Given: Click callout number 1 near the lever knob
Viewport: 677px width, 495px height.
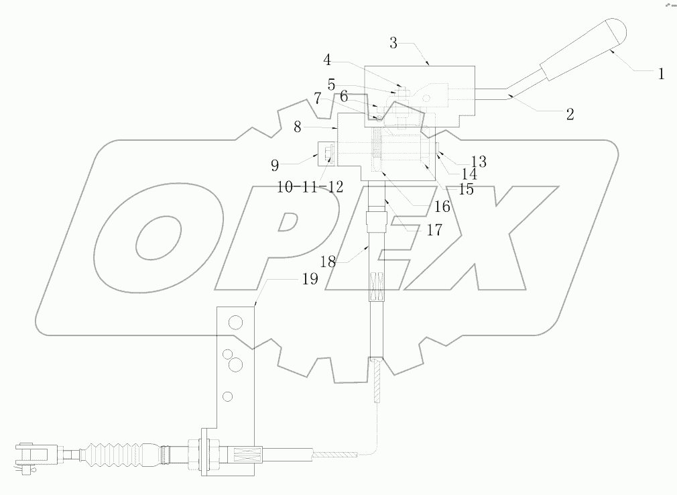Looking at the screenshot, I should (660, 74).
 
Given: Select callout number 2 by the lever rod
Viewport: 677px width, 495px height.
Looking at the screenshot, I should (570, 114).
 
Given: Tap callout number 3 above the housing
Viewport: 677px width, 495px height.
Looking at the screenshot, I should (393, 44).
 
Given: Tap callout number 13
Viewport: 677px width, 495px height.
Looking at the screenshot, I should (478, 162).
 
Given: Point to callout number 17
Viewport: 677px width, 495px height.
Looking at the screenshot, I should (434, 229).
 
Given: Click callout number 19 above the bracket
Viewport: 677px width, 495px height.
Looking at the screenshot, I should (309, 280).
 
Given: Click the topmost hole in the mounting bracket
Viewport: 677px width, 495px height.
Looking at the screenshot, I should (235, 324).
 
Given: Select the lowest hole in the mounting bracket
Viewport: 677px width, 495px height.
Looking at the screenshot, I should (229, 396).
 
